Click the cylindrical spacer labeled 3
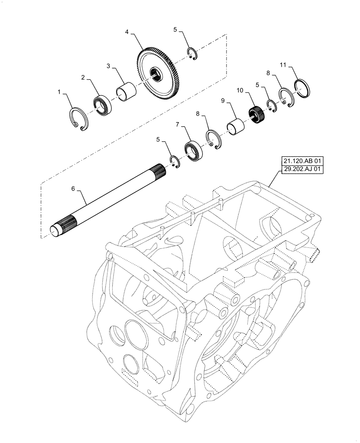(x=125, y=91)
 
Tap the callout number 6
(x=73, y=188)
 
